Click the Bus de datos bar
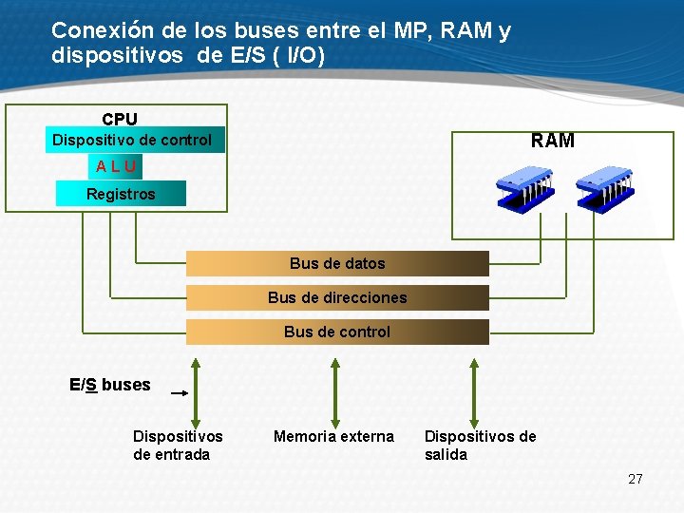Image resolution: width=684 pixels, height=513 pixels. (337, 263)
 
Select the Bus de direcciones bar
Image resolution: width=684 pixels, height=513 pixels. (337, 297)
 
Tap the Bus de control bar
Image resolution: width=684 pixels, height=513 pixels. (337, 332)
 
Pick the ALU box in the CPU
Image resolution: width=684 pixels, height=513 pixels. (116, 166)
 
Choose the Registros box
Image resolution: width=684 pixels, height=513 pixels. (121, 194)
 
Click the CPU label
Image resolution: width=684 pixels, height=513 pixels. (120, 119)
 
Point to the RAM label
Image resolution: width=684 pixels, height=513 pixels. (553, 141)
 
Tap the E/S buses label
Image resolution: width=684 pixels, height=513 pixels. (110, 385)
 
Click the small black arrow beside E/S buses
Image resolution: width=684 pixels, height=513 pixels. (178, 391)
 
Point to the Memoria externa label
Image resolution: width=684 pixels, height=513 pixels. (333, 436)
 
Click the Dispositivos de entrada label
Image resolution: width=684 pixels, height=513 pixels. (178, 445)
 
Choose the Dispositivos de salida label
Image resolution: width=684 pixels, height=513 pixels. (480, 445)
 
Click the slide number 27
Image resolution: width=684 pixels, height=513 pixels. (636, 479)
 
